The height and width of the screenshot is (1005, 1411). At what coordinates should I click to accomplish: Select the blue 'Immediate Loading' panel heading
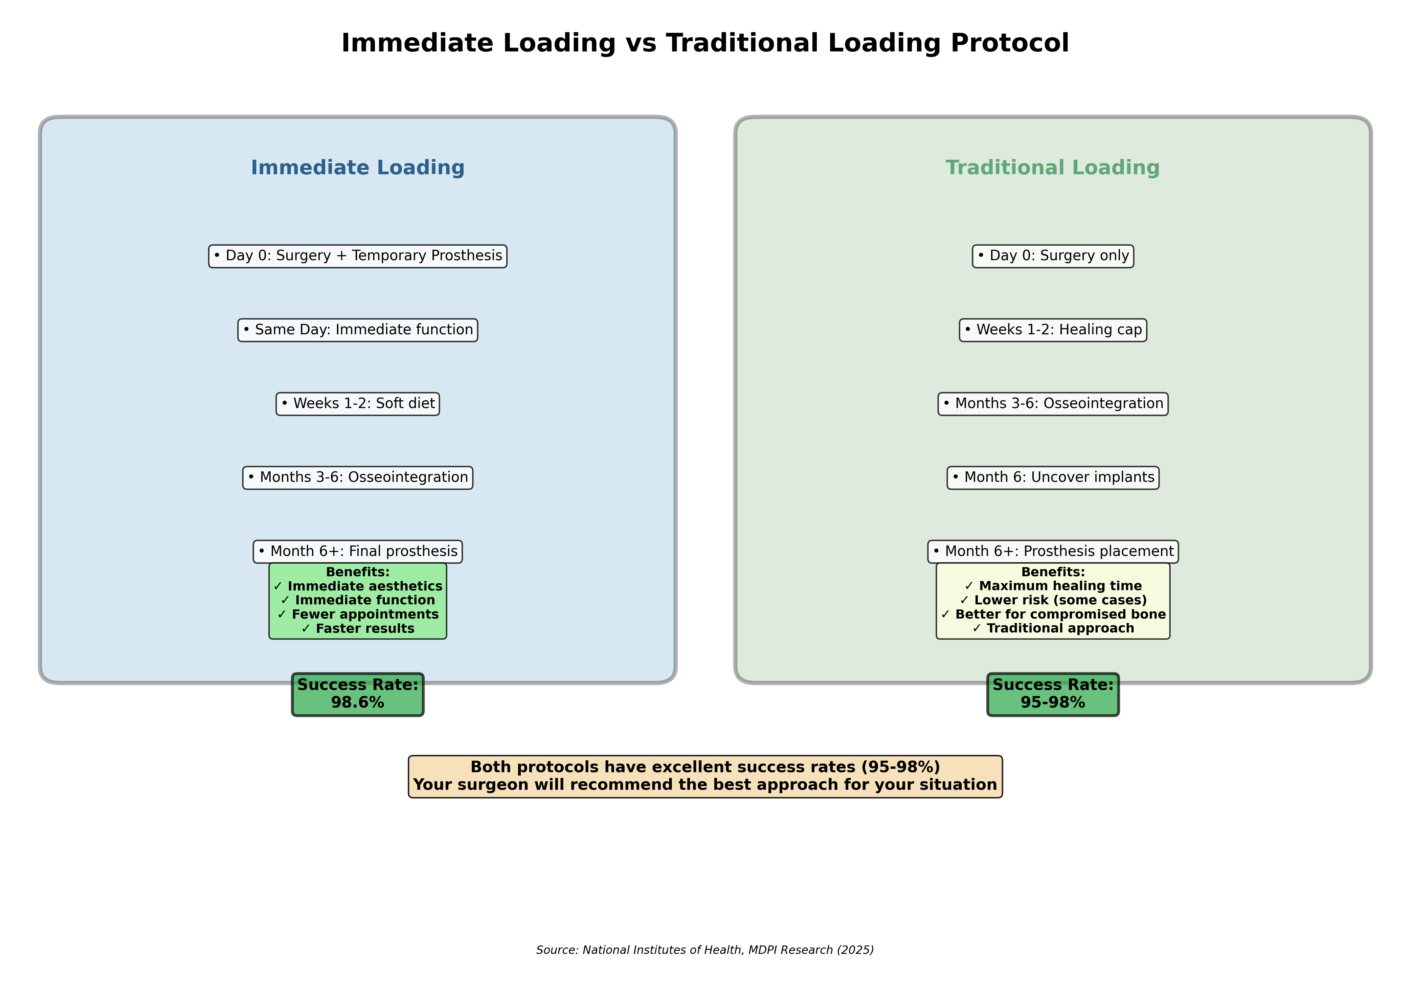tap(358, 168)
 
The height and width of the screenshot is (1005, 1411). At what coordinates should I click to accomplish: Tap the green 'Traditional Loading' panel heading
tap(1053, 168)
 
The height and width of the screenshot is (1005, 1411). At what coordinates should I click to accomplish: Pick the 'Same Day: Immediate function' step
tap(358, 330)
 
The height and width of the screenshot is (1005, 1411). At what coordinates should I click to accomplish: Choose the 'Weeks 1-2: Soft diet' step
tap(358, 403)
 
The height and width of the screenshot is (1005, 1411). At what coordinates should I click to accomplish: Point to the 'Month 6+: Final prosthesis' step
tap(358, 551)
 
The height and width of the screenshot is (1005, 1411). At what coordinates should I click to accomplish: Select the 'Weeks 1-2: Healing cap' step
tap(1053, 330)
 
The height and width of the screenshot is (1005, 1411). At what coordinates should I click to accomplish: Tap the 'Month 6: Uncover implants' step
tap(1053, 478)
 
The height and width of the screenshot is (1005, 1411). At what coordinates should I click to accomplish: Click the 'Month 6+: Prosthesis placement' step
tap(1053, 551)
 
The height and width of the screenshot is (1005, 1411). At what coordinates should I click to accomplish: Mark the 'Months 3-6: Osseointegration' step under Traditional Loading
tap(1053, 403)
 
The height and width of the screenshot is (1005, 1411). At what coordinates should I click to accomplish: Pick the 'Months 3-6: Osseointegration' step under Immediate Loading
tap(358, 478)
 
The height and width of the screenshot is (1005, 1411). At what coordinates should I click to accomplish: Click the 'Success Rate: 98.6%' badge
tap(358, 694)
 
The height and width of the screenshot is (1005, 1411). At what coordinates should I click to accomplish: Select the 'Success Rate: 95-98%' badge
tap(1053, 694)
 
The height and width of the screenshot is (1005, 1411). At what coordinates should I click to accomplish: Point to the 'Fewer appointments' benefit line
tap(358, 615)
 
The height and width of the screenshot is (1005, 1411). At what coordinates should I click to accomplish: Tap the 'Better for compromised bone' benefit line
tap(1053, 615)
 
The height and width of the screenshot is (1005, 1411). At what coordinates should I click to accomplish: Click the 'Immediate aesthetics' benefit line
tap(358, 586)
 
